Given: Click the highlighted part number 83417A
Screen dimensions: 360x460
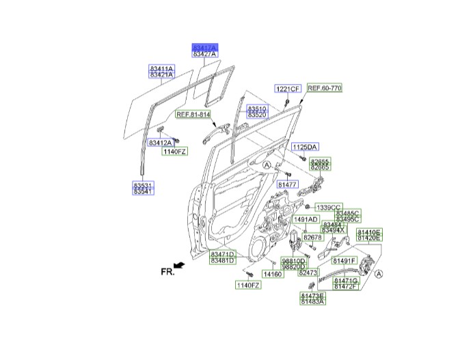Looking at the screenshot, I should pos(204,46).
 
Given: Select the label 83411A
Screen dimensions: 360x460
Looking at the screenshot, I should pos(162,69).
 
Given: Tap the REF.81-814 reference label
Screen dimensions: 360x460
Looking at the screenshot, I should pos(192,115).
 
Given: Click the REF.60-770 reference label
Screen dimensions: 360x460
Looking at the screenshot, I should pos(324,88).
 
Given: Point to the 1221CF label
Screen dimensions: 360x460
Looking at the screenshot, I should pos(288,89).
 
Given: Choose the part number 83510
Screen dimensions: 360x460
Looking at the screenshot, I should pos(257,109).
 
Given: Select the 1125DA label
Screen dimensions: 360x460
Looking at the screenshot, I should pos(306,147).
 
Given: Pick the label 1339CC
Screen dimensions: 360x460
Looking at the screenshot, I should pos(327,207).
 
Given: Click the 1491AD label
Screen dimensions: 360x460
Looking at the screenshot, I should pos(306,219).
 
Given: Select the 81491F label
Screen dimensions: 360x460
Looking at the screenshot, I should pos(344,261).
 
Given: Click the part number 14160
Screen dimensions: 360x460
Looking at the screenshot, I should pos(273,274).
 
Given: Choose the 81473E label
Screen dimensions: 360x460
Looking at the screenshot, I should pos(312,295).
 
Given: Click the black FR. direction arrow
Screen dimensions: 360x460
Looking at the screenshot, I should pos(180,264).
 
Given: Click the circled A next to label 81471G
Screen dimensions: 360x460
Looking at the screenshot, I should pos(379,274).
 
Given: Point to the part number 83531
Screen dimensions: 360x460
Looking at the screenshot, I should pos(143,184).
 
